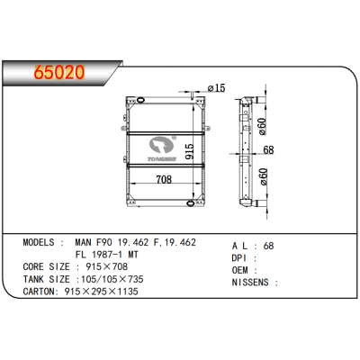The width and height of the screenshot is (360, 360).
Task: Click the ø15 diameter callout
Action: click(217, 88)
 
